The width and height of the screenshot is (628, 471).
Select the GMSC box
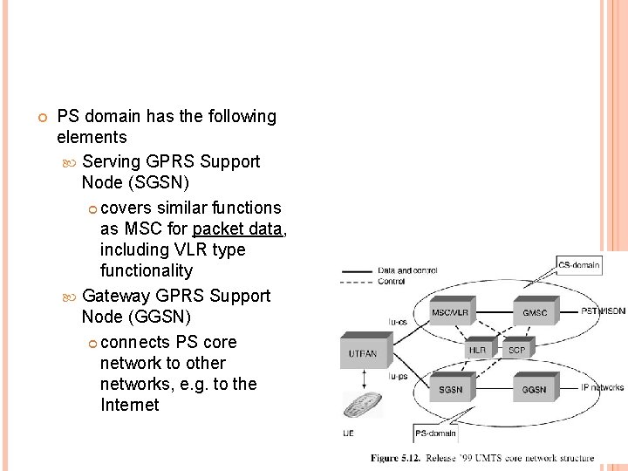[x=534, y=312]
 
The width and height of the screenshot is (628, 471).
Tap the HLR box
[x=477, y=350]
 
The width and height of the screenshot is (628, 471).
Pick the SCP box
[x=516, y=350]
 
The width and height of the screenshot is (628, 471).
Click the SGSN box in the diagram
[x=452, y=388]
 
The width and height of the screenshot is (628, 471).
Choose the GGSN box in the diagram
[x=534, y=388]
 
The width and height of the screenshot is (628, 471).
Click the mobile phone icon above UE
[x=361, y=407]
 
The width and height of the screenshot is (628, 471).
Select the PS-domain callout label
[x=434, y=433]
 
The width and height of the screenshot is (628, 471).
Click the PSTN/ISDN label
[x=603, y=311]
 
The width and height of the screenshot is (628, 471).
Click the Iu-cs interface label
[x=397, y=320]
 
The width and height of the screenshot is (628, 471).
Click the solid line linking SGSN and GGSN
[x=493, y=388]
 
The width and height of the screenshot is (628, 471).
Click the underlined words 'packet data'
[x=238, y=229]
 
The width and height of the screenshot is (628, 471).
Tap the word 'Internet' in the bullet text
[x=130, y=405]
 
